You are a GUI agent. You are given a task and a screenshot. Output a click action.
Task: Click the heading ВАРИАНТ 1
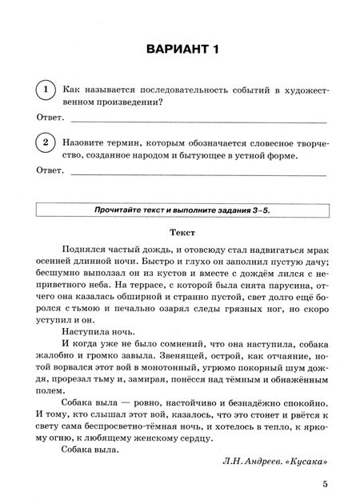pos(183,51)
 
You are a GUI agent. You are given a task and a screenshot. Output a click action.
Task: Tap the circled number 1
pos(47,90)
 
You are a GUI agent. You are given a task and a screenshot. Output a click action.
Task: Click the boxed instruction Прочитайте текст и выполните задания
pos(183,210)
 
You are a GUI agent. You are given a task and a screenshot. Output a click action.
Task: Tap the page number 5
pos(324,483)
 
